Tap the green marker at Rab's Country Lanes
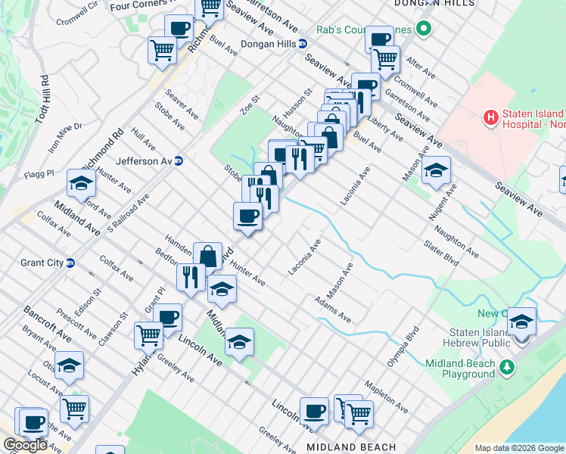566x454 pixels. [424, 30]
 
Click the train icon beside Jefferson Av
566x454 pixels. [179, 160]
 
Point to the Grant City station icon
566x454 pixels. [70, 263]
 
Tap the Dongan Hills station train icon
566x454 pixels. [302, 44]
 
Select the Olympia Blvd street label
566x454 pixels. [403, 347]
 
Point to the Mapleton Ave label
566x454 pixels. [386, 398]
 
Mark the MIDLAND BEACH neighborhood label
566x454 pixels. [351, 447]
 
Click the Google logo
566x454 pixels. [26, 445]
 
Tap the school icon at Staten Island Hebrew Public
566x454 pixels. [521, 321]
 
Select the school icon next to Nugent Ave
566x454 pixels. [436, 169]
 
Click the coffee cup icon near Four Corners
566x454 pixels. [179, 29]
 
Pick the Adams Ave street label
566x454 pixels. [333, 309]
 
